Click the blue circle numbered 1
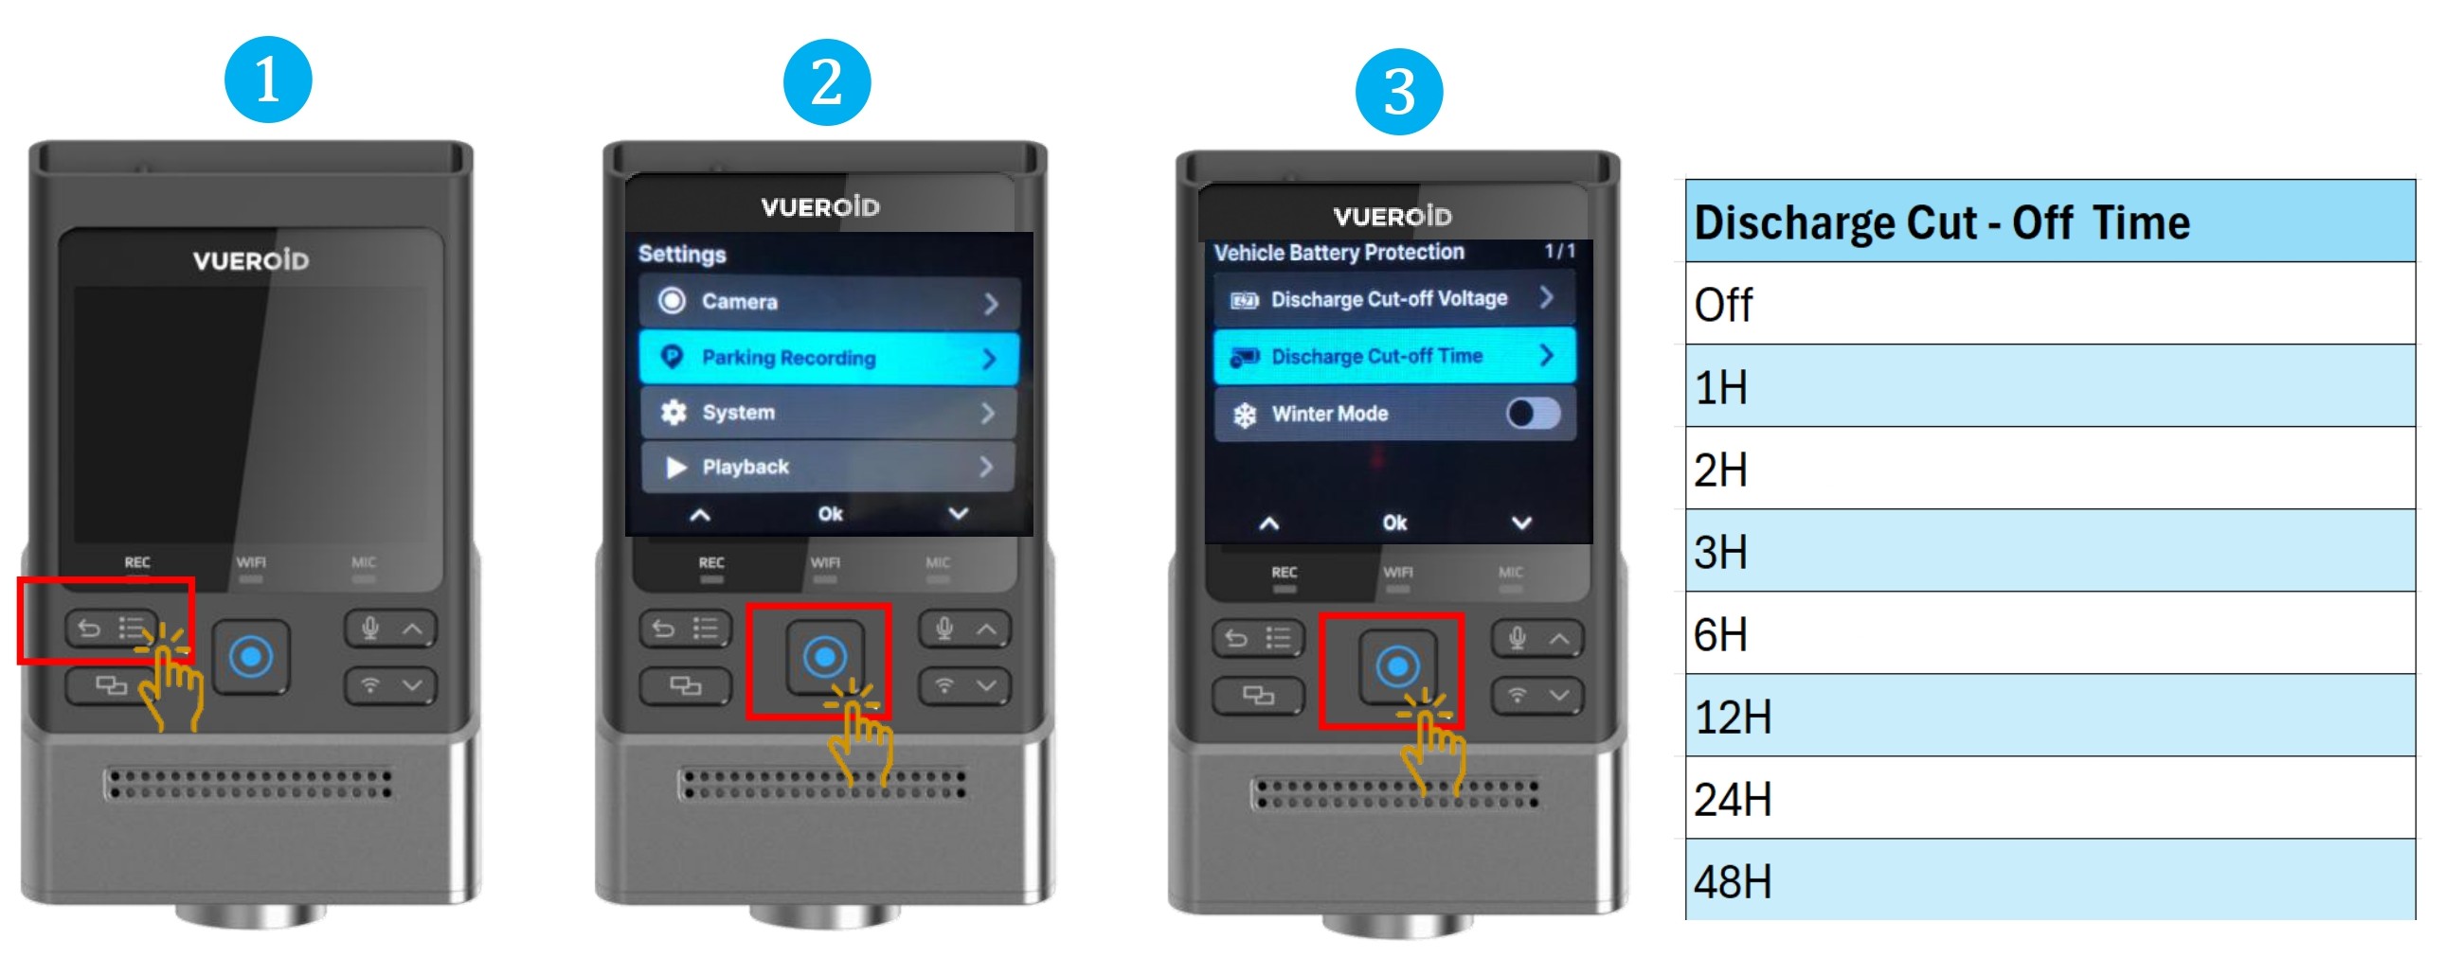pyautogui.click(x=267, y=80)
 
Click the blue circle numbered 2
pyautogui.click(x=826, y=82)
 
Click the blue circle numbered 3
pyautogui.click(x=1398, y=92)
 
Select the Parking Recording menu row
pyautogui.click(x=829, y=358)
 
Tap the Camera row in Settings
pyautogui.click(x=829, y=303)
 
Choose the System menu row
pyautogui.click(x=829, y=413)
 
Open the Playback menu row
pyautogui.click(x=829, y=467)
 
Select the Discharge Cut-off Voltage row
pyautogui.click(x=1394, y=299)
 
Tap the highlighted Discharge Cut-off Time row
pyautogui.click(x=1394, y=356)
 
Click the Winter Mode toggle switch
pyautogui.click(x=1534, y=414)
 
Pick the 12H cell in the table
pyautogui.click(x=2049, y=716)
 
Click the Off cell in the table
pyautogui.click(x=2049, y=304)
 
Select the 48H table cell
pyautogui.click(x=2049, y=880)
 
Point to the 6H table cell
pyautogui.click(x=2049, y=633)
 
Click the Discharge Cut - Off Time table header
pyautogui.click(x=2049, y=221)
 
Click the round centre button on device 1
pyautogui.click(x=251, y=656)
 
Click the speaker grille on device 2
pyautogui.click(x=822, y=785)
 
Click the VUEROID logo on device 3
pyautogui.click(x=1392, y=216)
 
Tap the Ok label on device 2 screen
pyautogui.click(x=830, y=514)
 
